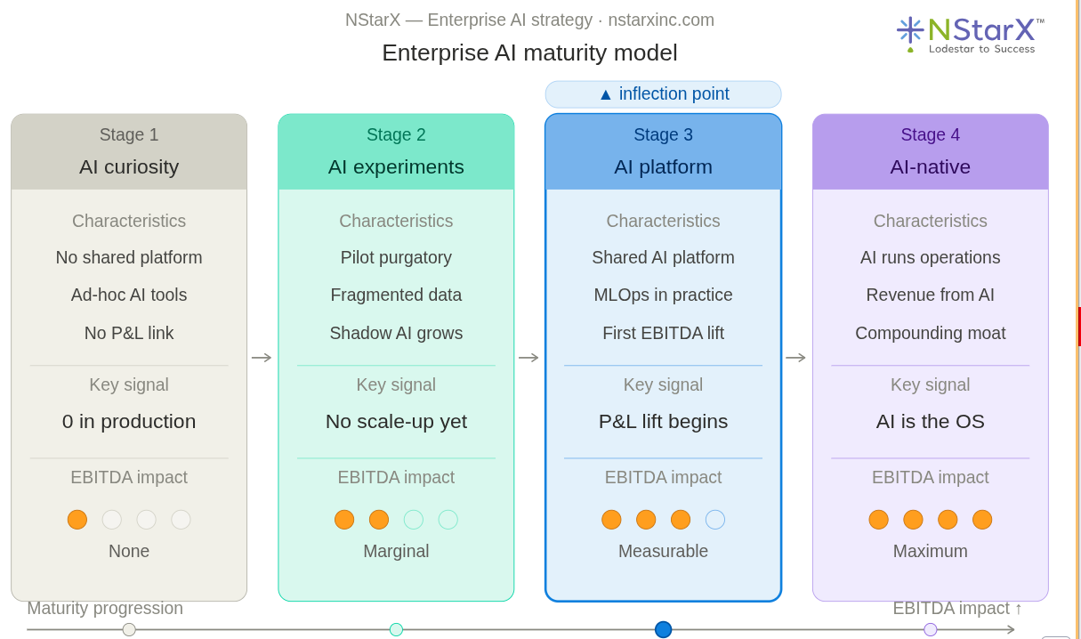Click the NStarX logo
coord(970,35)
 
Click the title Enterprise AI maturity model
coord(529,53)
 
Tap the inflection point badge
coord(663,94)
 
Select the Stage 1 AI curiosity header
coord(129,151)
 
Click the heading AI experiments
coord(396,166)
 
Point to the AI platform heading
coord(663,166)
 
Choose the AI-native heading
coord(930,166)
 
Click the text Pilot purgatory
coord(396,257)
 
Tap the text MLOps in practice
coord(663,295)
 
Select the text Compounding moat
coord(930,333)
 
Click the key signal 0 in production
coord(129,421)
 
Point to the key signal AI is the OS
coord(930,421)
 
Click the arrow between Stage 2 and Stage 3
coord(528,358)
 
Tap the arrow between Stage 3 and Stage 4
coord(795,358)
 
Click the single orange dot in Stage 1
coord(77,520)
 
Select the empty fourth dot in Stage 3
coord(715,520)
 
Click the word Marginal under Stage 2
coord(396,551)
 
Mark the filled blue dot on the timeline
coord(663,629)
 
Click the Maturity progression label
coord(105,608)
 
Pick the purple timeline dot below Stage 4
coord(931,629)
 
